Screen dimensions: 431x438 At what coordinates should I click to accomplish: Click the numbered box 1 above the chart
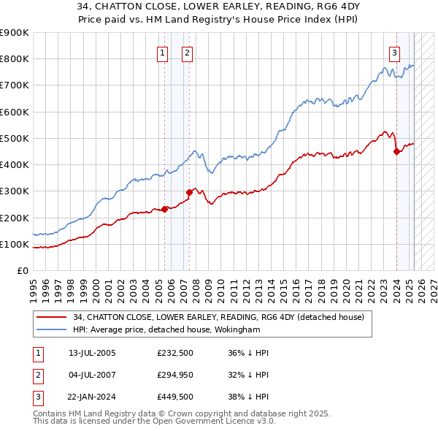pos(161,52)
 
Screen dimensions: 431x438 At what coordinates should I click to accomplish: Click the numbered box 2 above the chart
pos(188,52)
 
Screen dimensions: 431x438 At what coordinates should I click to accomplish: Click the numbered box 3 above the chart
pos(394,52)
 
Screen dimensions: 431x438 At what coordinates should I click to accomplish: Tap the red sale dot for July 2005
pos(164,209)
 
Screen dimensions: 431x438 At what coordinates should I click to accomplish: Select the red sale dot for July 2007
pos(189,192)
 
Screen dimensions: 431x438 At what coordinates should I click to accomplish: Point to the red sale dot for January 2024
pos(396,151)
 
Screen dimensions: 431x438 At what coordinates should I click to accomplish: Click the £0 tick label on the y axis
pos(22,270)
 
